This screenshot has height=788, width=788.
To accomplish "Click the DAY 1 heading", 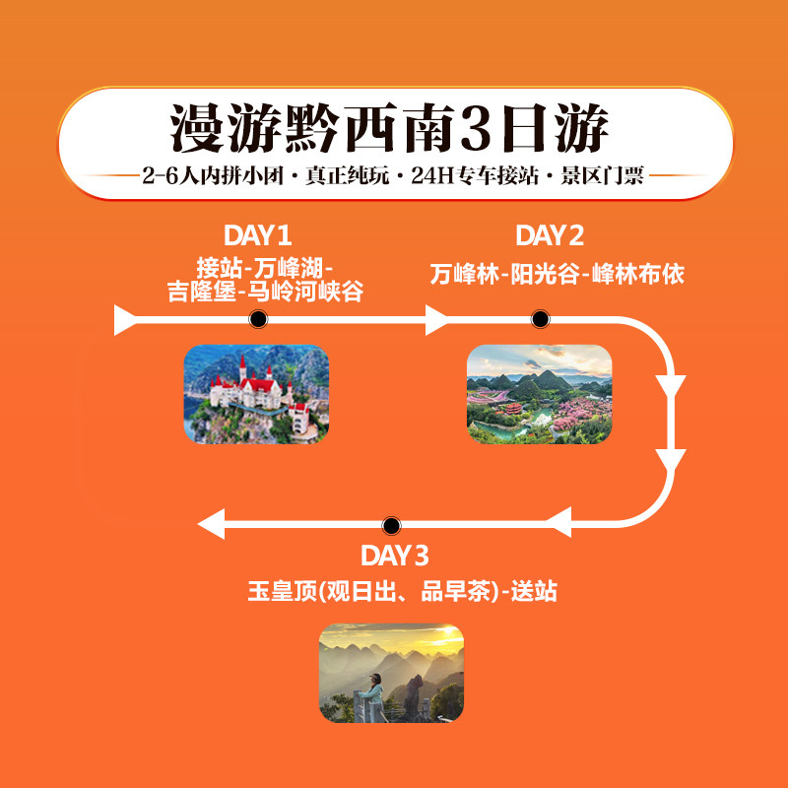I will tap(257, 235).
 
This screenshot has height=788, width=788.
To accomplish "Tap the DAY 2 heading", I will tap(550, 235).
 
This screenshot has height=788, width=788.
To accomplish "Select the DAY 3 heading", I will tap(394, 556).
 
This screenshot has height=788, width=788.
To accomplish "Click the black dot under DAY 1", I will tap(258, 319).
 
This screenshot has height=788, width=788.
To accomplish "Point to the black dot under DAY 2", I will tap(540, 319).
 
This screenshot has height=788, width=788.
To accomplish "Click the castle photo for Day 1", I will tap(256, 393).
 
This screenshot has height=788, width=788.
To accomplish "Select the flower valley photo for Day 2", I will tap(539, 393).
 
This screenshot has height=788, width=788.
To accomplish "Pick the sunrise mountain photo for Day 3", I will tap(391, 673).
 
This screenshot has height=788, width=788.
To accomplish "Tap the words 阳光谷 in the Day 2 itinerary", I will tap(541, 275).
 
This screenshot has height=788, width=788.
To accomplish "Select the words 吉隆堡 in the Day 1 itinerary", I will tap(202, 293).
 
